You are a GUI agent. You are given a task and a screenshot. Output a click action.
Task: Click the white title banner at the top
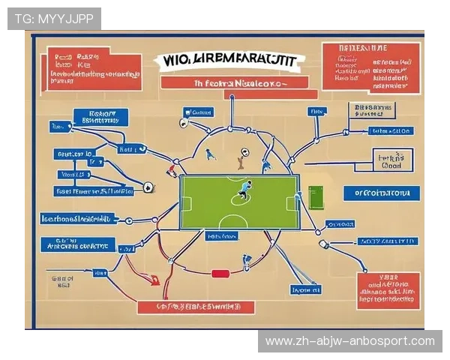click(228, 59)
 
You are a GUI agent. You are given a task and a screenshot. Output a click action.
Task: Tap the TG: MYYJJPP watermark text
click(54, 19)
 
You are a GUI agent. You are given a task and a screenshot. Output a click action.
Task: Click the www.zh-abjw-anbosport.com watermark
click(350, 341)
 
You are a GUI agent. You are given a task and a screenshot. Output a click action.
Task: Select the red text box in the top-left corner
click(94, 69)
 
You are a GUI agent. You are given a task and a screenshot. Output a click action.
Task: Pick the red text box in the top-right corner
click(370, 66)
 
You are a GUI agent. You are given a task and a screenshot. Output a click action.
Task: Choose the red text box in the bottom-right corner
click(388, 290)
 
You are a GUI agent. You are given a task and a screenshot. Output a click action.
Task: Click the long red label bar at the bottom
click(196, 307)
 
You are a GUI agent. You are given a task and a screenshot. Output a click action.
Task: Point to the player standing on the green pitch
click(243, 191)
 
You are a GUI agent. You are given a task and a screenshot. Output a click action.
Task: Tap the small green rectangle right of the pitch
click(315, 197)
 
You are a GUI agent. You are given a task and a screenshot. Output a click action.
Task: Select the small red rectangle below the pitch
click(220, 274)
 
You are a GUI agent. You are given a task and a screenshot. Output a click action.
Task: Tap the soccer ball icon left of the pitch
click(148, 187)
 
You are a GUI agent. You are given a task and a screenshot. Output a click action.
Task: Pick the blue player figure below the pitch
click(247, 261)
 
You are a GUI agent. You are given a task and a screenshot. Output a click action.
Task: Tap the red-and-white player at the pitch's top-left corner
click(172, 171)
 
